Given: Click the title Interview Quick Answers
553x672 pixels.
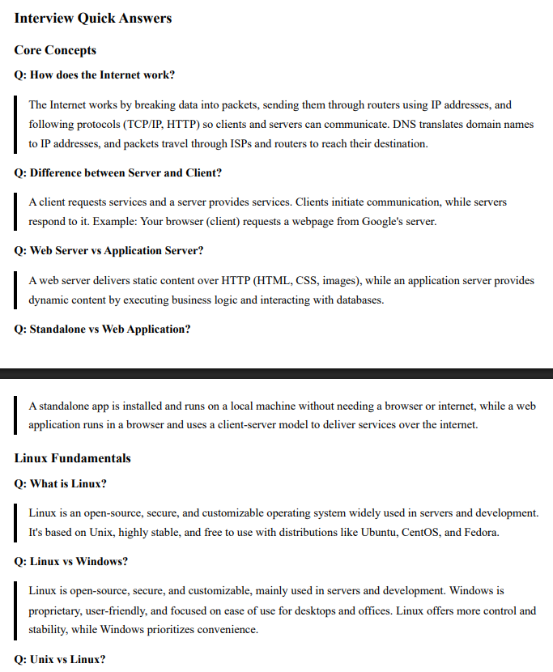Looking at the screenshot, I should tap(93, 18).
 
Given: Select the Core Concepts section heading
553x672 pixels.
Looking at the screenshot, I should tap(55, 50).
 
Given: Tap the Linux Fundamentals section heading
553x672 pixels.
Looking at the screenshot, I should tap(72, 458).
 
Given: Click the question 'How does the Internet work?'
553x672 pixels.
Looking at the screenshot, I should tap(94, 75).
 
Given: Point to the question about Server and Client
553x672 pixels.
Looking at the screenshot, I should tap(118, 173).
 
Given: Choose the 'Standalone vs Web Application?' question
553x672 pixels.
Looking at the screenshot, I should tap(103, 330).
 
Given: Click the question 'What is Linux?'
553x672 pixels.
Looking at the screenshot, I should tap(61, 484).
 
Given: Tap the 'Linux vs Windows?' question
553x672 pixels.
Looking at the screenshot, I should tap(71, 562).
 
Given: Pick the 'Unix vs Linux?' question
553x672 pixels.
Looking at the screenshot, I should tap(60, 659).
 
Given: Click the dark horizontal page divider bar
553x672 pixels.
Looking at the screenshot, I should tap(276, 373).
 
